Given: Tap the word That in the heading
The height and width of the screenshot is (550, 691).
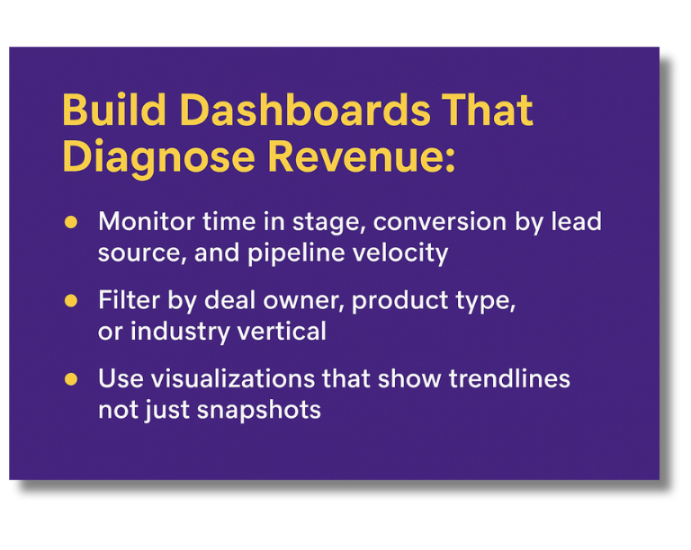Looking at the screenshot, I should tap(487, 111).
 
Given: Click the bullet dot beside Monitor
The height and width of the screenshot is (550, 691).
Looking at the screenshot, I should tap(71, 222).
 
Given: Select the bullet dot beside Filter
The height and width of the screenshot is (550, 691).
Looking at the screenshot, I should tap(71, 301).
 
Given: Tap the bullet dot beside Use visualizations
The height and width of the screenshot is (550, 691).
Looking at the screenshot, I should tap(71, 379).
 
